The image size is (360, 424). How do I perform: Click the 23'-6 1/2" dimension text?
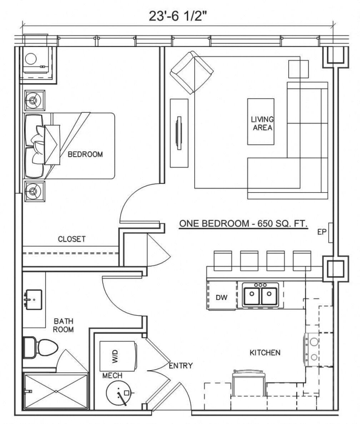178,16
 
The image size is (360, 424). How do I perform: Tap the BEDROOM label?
85,154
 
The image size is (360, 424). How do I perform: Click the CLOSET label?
72,239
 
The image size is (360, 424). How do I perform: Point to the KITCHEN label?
265,353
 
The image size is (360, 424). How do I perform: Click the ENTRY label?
180,365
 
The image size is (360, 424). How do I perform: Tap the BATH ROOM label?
63,325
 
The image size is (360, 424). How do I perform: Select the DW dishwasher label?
221,297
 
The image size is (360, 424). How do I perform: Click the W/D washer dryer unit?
117,356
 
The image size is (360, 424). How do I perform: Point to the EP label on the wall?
322,232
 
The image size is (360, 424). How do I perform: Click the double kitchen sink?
261,295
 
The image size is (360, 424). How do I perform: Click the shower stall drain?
56,391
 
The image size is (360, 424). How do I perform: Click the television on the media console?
179,133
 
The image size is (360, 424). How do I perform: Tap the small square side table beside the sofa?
299,69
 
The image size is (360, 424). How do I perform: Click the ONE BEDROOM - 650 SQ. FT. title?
243,224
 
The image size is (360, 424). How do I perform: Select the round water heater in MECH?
120,393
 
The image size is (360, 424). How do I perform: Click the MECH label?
112,376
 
